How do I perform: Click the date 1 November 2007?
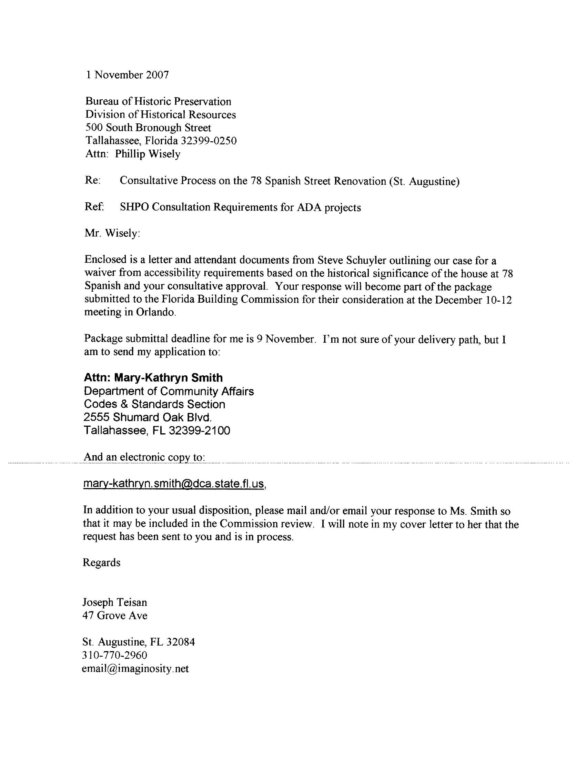128,75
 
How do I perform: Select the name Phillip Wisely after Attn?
148,154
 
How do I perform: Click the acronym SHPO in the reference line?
134,207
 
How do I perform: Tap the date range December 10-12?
473,300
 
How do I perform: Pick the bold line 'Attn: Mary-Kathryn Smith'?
153,377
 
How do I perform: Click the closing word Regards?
101,563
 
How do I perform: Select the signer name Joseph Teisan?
114,602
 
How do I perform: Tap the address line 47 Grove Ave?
114,615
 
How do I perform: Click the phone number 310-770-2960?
114,655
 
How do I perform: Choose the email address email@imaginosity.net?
135,668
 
